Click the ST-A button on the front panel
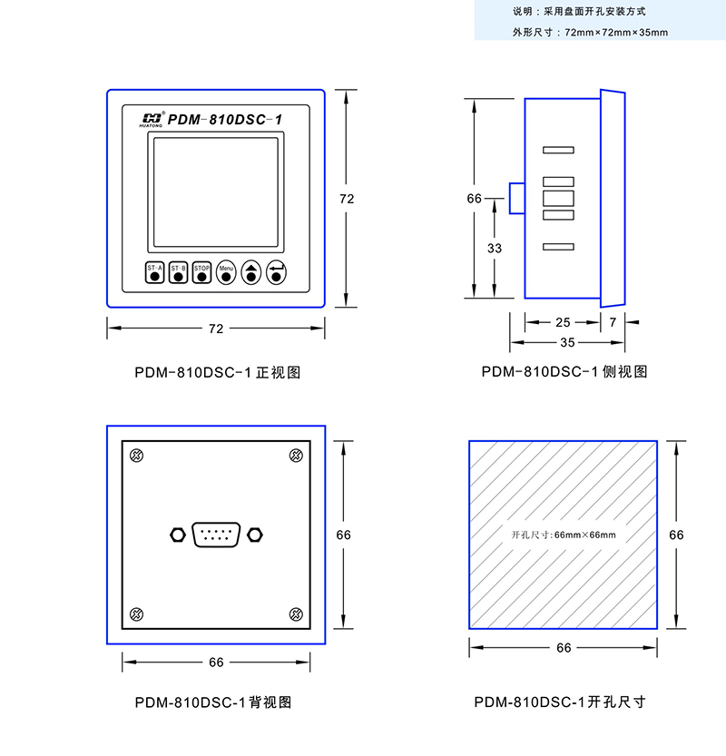pyautogui.click(x=154, y=272)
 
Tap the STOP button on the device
pyautogui.click(x=201, y=272)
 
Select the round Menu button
pyautogui.click(x=226, y=272)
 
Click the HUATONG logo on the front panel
pyautogui.click(x=152, y=119)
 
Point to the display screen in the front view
pyautogui.click(x=215, y=192)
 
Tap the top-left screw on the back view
pyautogui.click(x=137, y=456)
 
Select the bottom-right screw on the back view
pyautogui.click(x=295, y=614)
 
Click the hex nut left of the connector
pyautogui.click(x=177, y=535)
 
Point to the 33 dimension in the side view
pyautogui.click(x=495, y=248)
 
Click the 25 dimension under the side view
pyautogui.click(x=563, y=321)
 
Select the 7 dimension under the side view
pyautogui.click(x=613, y=321)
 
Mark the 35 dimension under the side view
pyautogui.click(x=567, y=343)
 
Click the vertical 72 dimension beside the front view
pyautogui.click(x=346, y=198)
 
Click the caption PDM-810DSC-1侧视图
pyautogui.click(x=564, y=371)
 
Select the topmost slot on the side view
pyautogui.click(x=558, y=150)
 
